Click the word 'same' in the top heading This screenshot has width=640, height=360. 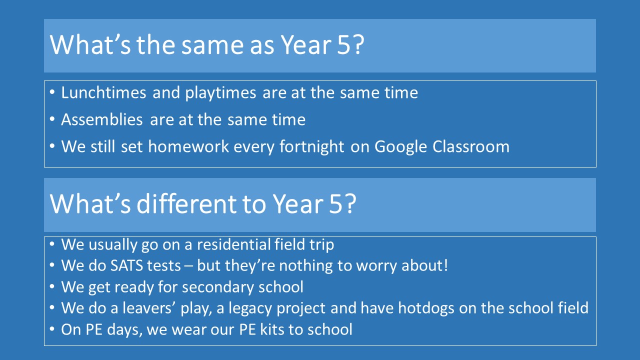213,45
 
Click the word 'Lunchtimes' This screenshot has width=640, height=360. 103,92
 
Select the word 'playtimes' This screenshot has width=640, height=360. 220,93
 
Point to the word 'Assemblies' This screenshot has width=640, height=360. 102,119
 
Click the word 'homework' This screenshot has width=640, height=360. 188,146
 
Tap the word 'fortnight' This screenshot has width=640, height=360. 311,147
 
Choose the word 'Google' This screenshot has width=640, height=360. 400,147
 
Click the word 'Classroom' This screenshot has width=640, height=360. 471,146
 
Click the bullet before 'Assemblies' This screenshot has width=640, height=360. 52,119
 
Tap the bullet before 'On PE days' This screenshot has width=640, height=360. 52,329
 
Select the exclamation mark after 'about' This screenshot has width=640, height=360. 445,265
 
